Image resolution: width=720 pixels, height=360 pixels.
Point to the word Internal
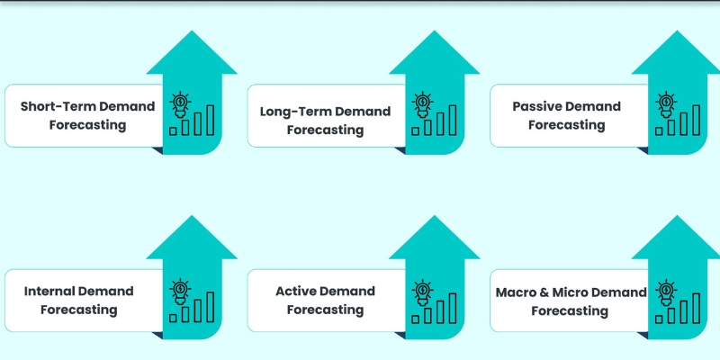click(49, 291)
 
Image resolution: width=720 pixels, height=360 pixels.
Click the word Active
click(297, 291)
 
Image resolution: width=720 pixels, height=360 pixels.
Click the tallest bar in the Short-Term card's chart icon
click(211, 119)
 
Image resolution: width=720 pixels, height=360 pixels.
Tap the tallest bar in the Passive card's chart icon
click(697, 119)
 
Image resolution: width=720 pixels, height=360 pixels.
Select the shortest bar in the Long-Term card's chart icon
click(415, 130)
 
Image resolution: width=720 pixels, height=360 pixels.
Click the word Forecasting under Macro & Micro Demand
click(569, 310)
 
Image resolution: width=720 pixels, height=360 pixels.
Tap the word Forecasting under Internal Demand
click(79, 310)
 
